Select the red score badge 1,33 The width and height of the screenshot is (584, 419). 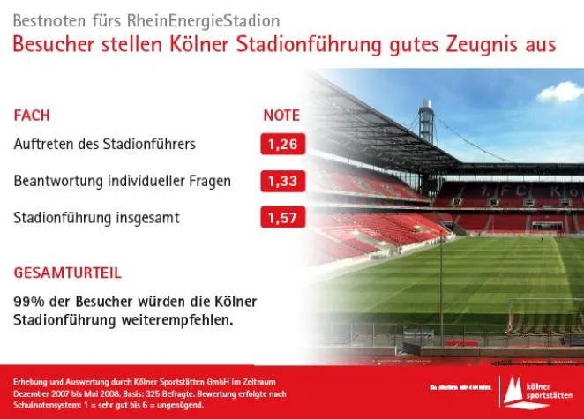point(282,182)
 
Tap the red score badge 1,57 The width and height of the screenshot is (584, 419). point(282,218)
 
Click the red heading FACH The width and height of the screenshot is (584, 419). point(32,116)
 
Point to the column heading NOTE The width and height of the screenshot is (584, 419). point(281,116)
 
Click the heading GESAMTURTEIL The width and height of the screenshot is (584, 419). point(68,273)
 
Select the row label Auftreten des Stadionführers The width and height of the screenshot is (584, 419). point(105,144)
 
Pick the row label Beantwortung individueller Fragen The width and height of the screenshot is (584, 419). point(123,181)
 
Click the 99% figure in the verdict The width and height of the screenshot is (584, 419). point(26,302)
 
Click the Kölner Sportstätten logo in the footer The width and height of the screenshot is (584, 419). point(535,389)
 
